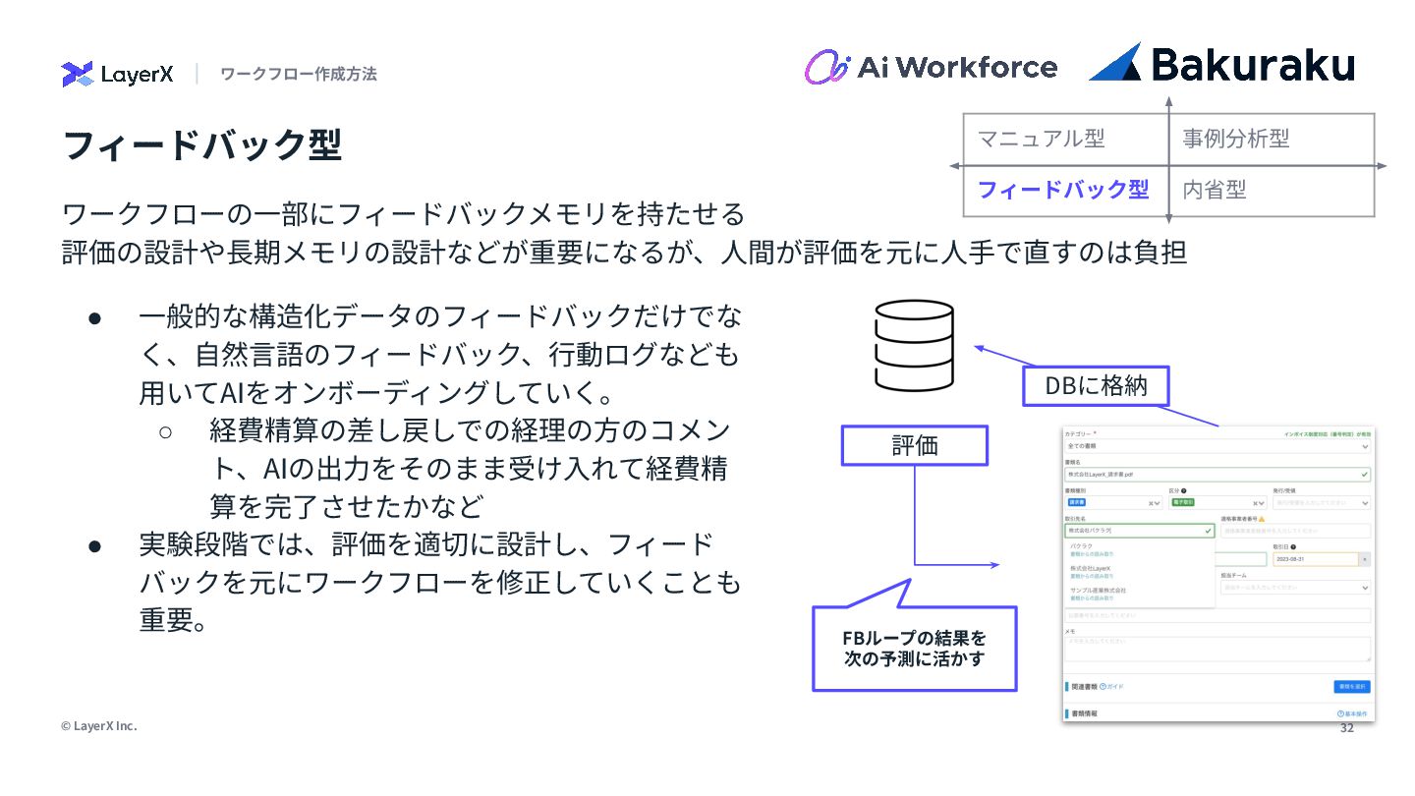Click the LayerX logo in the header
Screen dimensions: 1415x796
click(117, 74)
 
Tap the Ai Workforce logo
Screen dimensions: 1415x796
click(931, 67)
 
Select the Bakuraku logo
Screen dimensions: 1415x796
click(1221, 64)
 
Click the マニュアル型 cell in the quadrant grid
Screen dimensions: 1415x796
click(1042, 139)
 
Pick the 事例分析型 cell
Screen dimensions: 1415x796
click(1236, 139)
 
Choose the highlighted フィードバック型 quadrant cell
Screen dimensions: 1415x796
click(1063, 190)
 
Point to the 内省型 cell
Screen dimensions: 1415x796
click(1215, 190)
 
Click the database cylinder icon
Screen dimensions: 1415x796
click(914, 345)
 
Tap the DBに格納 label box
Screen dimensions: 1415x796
click(1096, 385)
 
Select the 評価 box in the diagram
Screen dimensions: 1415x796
click(915, 445)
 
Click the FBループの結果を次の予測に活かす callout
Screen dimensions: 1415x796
click(914, 649)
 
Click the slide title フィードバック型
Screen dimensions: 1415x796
click(202, 144)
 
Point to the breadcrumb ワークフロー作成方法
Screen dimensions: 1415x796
click(299, 74)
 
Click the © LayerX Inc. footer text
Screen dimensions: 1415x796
click(99, 725)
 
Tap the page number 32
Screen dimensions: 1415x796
click(1347, 728)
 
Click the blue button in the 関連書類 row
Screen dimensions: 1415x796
click(1352, 686)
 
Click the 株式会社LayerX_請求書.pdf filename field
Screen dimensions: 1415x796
click(1217, 474)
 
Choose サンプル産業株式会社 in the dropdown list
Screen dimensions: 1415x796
click(1099, 591)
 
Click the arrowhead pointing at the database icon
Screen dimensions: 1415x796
click(979, 346)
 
